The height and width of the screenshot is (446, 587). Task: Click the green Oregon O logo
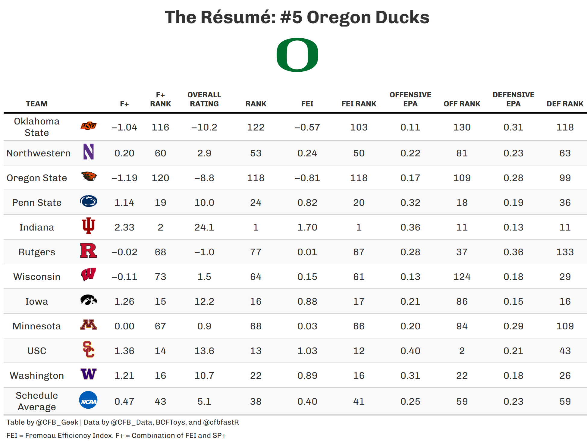[297, 55]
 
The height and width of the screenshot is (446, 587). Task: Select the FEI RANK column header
[359, 104]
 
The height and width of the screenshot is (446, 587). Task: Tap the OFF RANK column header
[462, 104]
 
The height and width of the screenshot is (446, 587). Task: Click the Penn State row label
[37, 203]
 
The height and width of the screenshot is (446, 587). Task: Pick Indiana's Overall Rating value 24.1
[204, 227]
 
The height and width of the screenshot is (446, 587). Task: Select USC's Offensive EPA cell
[410, 351]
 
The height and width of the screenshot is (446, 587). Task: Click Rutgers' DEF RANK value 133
[565, 252]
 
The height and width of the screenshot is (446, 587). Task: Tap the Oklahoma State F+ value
[124, 127]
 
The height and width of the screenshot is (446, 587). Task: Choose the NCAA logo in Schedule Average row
[88, 400]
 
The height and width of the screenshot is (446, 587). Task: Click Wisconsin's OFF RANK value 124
[462, 277]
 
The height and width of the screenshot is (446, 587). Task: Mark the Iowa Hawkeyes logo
[88, 300]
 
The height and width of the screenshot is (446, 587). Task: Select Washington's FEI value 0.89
[307, 375]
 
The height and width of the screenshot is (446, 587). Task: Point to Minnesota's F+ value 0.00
[124, 326]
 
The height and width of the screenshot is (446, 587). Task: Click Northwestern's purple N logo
[88, 152]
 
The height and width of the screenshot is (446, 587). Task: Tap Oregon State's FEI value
[307, 178]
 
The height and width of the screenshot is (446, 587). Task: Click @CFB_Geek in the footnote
[57, 422]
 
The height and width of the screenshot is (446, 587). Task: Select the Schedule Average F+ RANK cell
[160, 401]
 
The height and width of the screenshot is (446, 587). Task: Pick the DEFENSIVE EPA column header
[513, 99]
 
